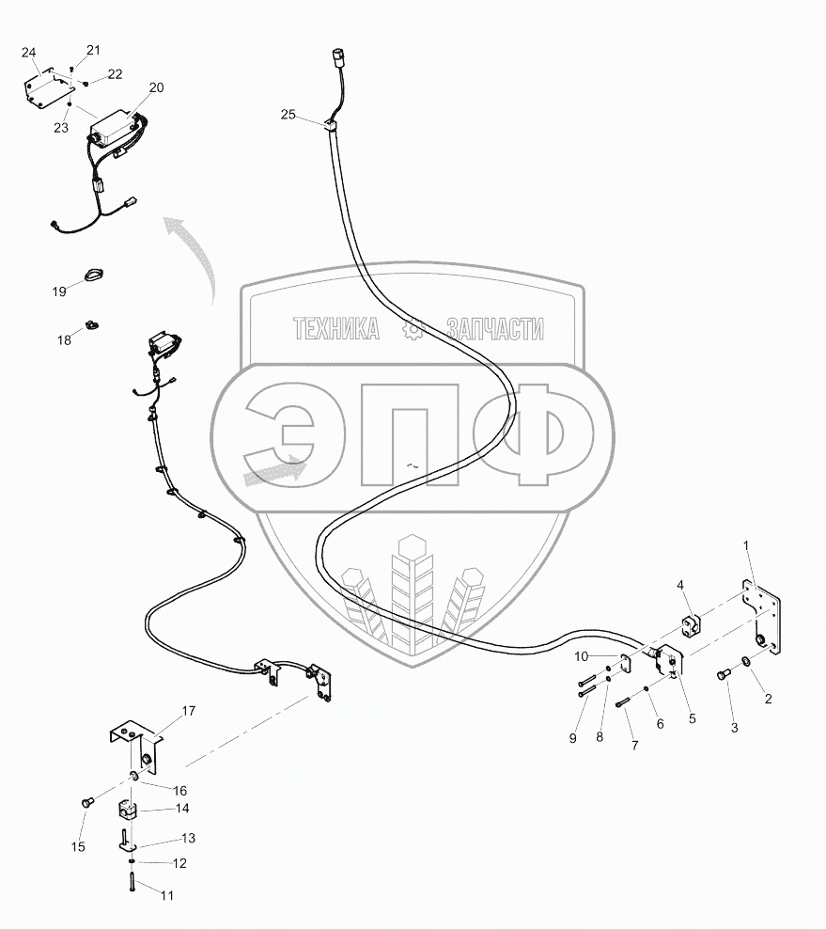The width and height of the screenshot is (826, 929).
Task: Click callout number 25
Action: [x=288, y=115]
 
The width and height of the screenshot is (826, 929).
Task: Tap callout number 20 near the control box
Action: [x=156, y=87]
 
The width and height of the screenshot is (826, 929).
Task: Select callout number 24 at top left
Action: [x=28, y=52]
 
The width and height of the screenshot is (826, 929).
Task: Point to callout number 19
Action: [x=59, y=292]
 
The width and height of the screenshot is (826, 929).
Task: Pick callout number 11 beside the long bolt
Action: [x=166, y=896]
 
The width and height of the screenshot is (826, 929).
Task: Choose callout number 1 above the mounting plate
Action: [x=746, y=544]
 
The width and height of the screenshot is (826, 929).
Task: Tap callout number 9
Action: [x=571, y=739]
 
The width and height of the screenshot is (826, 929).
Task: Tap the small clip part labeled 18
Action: [x=93, y=325]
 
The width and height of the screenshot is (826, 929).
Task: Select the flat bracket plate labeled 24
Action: [x=45, y=91]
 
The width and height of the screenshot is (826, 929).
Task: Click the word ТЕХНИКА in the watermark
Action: [x=336, y=329]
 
